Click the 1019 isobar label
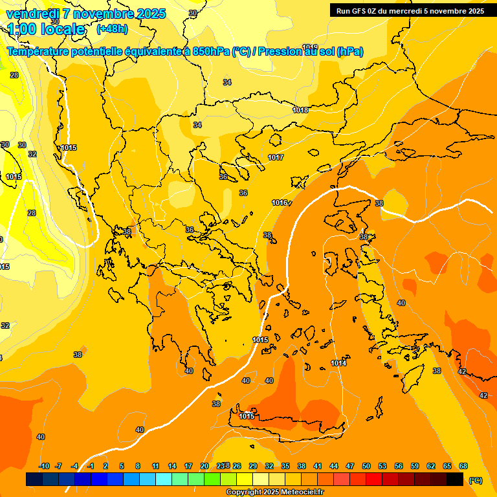click(310, 47)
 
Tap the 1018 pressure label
click(300, 110)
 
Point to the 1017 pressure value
click(276, 157)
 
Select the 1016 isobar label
click(280, 203)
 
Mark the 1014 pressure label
click(338, 363)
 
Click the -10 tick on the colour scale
click(44, 466)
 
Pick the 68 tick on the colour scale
click(463, 466)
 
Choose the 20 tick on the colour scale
click(204, 466)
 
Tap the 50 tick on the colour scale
click(366, 466)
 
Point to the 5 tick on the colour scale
click(122, 466)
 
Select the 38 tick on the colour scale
click(302, 466)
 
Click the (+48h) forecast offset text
click(112, 29)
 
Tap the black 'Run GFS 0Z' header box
click(410, 10)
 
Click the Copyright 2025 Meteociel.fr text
click(274, 492)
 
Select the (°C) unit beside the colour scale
click(475, 480)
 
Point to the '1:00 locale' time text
click(47, 29)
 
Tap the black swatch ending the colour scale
click(455, 480)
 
